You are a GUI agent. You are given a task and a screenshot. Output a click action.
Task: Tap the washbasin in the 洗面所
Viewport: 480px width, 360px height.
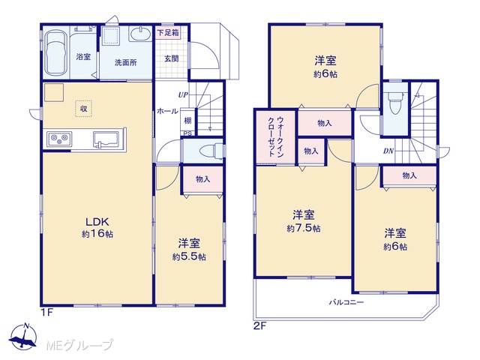pos(140,34)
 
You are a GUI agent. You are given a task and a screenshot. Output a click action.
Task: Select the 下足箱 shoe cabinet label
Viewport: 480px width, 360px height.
pos(168,32)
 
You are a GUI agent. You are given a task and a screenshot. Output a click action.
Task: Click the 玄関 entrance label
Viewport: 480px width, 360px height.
pos(172,58)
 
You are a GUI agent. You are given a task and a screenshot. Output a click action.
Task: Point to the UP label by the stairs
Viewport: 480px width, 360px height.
pos(183,95)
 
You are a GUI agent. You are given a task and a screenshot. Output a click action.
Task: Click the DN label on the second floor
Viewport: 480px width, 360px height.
pos(388,151)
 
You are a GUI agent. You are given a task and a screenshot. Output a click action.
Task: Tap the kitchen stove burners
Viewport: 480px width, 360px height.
pos(59,139)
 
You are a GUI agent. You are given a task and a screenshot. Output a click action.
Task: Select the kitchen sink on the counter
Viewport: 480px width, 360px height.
pos(106,139)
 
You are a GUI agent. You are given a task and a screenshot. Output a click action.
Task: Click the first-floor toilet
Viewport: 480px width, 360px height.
pos(211,151)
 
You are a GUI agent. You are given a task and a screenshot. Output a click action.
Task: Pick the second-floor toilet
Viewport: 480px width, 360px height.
pos(395,102)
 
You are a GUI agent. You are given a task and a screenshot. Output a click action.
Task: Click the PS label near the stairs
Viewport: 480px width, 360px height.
pos(187,133)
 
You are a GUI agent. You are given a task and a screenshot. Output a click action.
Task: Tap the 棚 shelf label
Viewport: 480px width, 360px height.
pos(187,120)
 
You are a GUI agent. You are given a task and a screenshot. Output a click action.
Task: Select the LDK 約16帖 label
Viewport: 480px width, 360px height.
pos(97,227)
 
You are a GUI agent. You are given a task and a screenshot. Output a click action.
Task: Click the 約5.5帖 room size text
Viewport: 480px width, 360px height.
pos(189,256)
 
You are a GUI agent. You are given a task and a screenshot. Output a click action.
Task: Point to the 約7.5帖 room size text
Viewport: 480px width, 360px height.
pos(304,228)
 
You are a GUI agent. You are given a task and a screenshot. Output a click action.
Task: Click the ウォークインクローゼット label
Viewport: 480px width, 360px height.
pos(276,136)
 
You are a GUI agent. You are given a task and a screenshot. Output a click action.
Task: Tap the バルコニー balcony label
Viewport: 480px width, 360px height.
pos(346,302)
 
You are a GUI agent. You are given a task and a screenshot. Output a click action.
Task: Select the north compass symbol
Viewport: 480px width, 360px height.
pos(23,336)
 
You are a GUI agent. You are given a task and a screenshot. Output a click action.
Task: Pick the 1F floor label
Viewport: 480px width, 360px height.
pos(47,313)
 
